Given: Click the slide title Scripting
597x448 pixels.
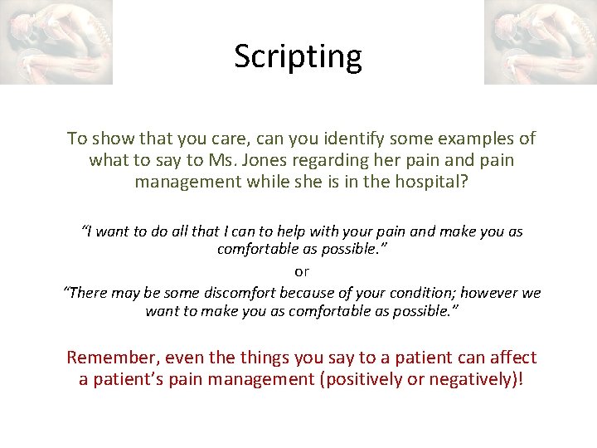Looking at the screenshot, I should [298, 57].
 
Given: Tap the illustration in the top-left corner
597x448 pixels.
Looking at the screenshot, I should [56, 41].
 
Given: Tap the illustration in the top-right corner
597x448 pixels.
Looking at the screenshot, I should [540, 41].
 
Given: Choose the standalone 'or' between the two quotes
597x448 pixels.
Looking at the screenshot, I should [302, 271].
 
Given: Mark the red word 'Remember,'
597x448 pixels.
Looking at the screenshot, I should [113, 358].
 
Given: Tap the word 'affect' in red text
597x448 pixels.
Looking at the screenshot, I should [510, 358].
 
